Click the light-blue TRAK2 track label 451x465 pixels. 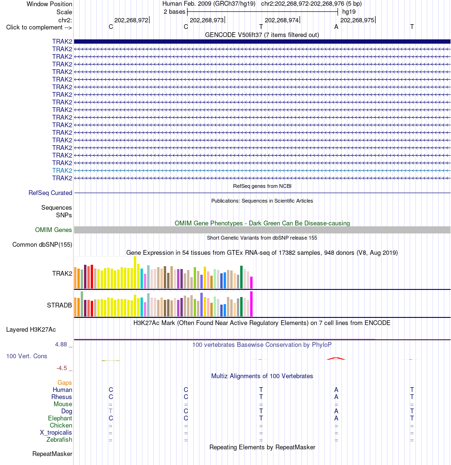[x=62, y=170]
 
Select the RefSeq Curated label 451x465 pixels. [x=50, y=193]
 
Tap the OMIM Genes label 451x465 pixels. [x=53, y=230]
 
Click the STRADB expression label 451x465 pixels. [x=59, y=305]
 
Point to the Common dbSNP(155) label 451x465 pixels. [x=42, y=245]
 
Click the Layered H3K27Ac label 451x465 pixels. [x=31, y=329]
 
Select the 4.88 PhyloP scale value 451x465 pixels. [x=61, y=344]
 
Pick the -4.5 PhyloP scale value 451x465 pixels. [x=62, y=368]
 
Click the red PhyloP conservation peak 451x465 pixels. [x=336, y=359]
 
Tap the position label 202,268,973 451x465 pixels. [x=207, y=20]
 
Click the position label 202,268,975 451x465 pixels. [x=357, y=20]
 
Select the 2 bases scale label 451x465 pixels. [x=175, y=12]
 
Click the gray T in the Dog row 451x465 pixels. [x=111, y=411]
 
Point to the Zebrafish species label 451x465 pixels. [x=59, y=439]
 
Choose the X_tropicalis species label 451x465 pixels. [x=56, y=432]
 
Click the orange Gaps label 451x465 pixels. [x=65, y=382]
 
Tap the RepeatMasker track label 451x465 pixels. [x=52, y=454]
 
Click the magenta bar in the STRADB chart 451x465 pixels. [x=251, y=304]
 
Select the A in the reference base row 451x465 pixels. [x=336, y=27]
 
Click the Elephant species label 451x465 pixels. [x=60, y=418]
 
